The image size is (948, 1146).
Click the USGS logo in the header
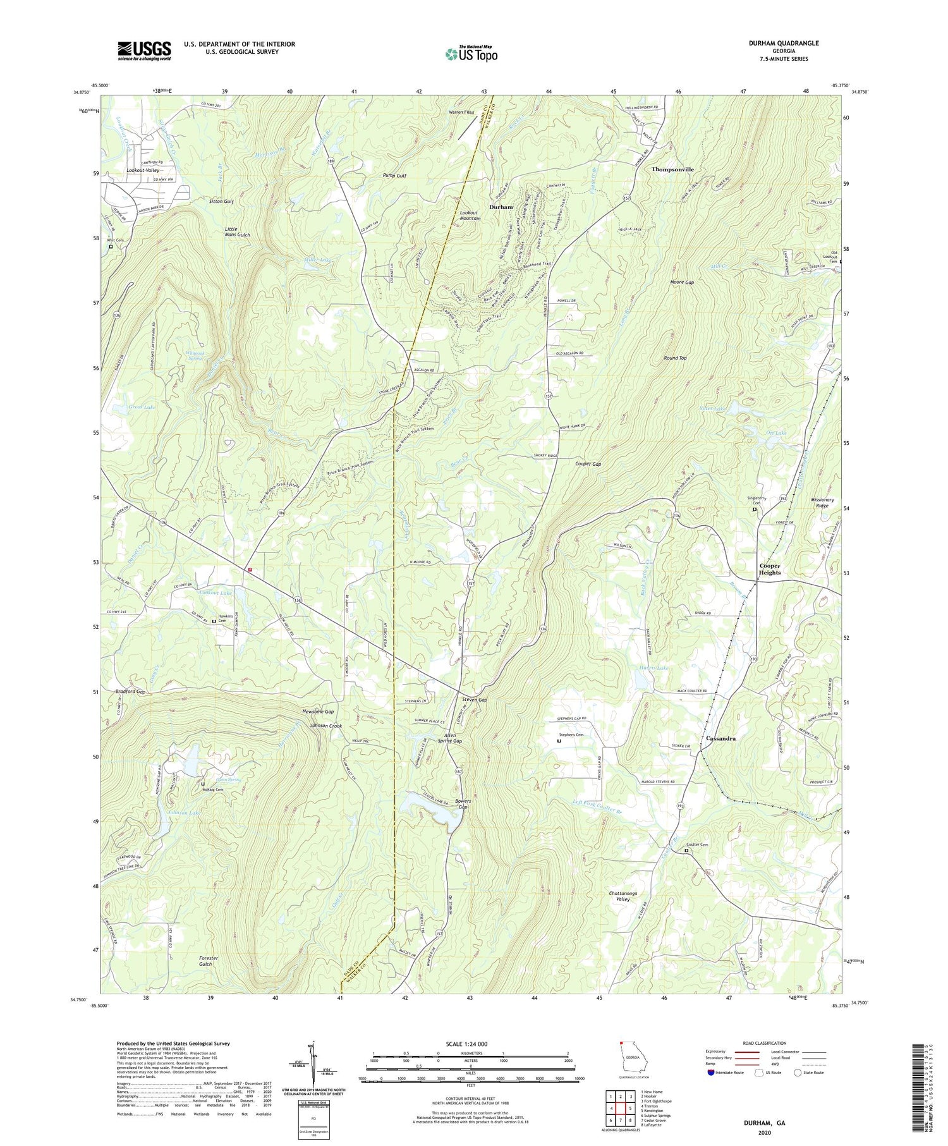144,51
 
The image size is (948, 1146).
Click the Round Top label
675,358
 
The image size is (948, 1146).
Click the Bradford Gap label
130,692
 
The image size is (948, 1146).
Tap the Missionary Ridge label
822,503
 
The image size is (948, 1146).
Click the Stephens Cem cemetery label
571,735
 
